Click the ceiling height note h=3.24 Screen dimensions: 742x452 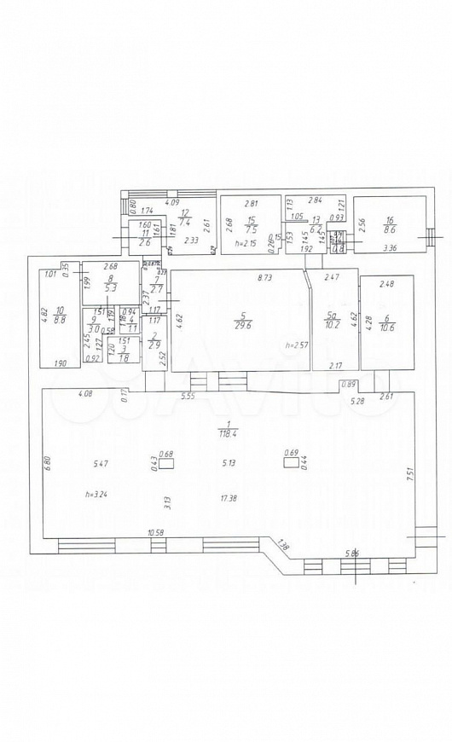[x=96, y=494]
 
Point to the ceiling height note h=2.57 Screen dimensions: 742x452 [x=294, y=345]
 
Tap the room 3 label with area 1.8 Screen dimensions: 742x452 [x=124, y=353]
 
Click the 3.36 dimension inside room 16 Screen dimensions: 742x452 [x=390, y=248]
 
